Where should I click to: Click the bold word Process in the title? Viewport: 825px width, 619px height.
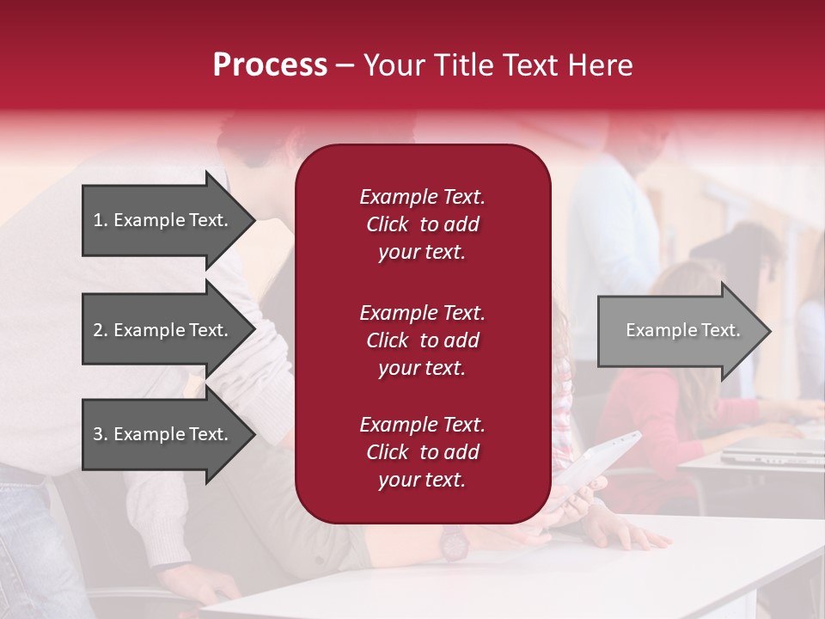(x=270, y=65)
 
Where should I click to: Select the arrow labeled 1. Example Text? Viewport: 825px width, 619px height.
(x=161, y=220)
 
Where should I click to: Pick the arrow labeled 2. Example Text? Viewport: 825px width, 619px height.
(x=161, y=330)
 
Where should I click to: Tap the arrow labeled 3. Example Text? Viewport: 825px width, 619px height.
(x=161, y=434)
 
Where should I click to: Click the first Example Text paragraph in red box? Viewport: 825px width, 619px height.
(x=422, y=224)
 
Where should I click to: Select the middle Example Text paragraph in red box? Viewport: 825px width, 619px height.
(x=422, y=340)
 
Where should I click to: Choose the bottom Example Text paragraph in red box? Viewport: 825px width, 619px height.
(x=422, y=452)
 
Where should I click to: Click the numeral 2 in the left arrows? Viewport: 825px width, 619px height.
(x=97, y=330)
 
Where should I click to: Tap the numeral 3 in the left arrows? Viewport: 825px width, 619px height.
(x=97, y=434)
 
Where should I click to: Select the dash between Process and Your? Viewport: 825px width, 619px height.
(x=345, y=65)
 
